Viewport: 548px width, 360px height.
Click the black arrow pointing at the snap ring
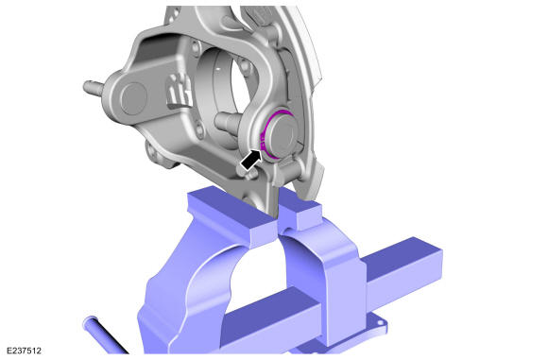tap(251, 161)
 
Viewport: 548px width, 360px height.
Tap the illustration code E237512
tap(24, 351)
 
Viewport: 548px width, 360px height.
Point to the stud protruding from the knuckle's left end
tap(93, 87)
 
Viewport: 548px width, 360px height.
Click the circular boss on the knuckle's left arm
tap(133, 99)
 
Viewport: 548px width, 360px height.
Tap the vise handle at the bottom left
tap(105, 334)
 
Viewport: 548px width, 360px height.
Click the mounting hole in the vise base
tap(381, 324)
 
